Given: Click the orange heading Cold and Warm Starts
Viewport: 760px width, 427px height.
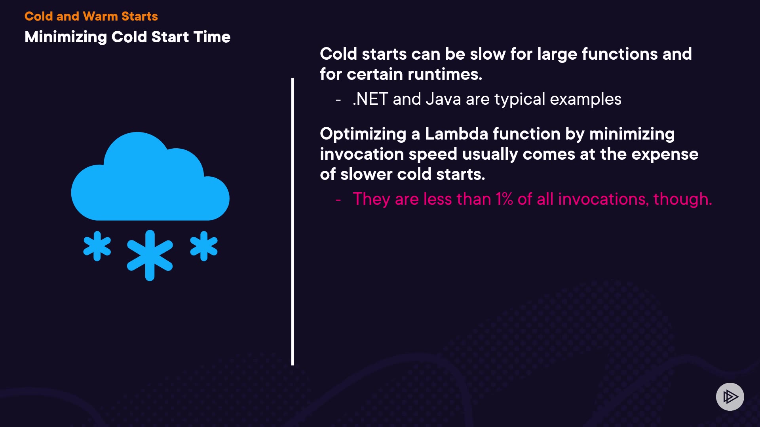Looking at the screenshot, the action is pyautogui.click(x=91, y=16).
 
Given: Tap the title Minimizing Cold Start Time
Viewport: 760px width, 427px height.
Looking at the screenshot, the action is pyautogui.click(x=127, y=37).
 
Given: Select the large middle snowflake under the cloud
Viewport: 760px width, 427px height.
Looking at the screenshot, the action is pyautogui.click(x=150, y=255).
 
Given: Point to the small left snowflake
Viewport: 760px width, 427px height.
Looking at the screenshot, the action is pyautogui.click(x=97, y=246).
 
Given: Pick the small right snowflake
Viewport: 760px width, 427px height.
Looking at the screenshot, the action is pyautogui.click(x=204, y=246).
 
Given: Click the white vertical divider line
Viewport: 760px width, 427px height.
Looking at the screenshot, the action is pyautogui.click(x=293, y=221).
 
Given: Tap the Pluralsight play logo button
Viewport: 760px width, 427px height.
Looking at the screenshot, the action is pyautogui.click(x=730, y=397).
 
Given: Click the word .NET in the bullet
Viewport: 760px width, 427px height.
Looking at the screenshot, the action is pyautogui.click(x=370, y=99).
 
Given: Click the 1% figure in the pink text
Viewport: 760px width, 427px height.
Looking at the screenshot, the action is pyautogui.click(x=505, y=199).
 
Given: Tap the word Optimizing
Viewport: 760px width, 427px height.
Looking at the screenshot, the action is pyautogui.click(x=363, y=134).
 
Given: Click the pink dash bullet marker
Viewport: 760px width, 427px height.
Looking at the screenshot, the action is pyautogui.click(x=338, y=200).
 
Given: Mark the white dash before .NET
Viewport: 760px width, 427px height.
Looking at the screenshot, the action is pyautogui.click(x=338, y=100).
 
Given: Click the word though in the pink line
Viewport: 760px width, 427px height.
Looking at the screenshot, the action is pyautogui.click(x=682, y=199).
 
